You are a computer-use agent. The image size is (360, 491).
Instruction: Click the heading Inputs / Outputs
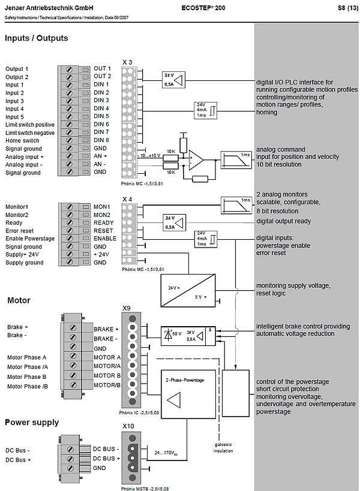(x=37, y=38)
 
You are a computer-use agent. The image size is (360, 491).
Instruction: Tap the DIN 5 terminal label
(x=101, y=116)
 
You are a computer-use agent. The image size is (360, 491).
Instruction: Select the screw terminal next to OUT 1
(x=69, y=69)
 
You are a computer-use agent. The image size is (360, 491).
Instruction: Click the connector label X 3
(x=127, y=62)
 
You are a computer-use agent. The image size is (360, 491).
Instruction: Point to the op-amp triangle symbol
(x=196, y=160)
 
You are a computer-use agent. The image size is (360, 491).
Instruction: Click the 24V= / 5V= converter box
(x=188, y=291)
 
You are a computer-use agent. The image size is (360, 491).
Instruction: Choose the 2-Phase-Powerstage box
(x=188, y=394)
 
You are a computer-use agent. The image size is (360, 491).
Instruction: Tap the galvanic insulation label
(x=223, y=448)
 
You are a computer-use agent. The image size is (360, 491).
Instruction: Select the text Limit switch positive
(x=30, y=125)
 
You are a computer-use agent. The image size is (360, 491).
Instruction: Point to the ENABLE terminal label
(x=105, y=238)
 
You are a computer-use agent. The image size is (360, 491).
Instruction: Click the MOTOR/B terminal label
(x=107, y=385)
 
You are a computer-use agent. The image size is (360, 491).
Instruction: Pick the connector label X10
(x=128, y=426)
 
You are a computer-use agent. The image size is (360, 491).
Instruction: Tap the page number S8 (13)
(x=348, y=8)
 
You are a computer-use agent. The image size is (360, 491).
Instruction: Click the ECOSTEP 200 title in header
(x=203, y=8)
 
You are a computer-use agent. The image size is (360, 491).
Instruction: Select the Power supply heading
(x=32, y=423)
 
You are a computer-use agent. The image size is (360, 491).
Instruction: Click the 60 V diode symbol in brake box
(x=169, y=335)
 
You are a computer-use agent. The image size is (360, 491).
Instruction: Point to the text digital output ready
(x=284, y=221)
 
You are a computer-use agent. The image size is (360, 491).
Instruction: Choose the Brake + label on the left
(x=17, y=327)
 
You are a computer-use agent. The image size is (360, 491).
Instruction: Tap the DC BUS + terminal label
(x=107, y=459)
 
